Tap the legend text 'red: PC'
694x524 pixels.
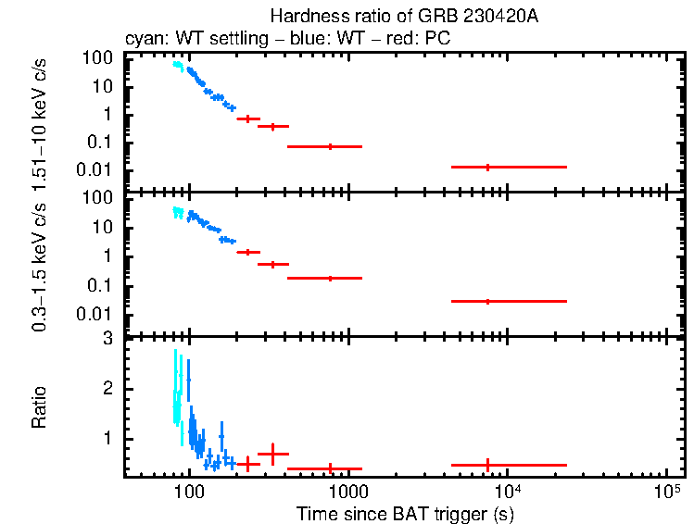pos(421,39)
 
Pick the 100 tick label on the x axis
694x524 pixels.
pos(189,491)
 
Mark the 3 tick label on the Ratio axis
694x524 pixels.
pos(107,339)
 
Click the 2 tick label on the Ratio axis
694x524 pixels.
pos(107,389)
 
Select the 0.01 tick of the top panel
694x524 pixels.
pos(98,169)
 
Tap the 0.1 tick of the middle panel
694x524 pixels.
pos(103,284)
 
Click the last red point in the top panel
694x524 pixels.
pos(487,167)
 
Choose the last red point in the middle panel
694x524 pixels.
pos(487,301)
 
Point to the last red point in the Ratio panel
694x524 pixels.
pos(487,465)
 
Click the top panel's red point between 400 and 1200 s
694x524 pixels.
pos(330,146)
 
